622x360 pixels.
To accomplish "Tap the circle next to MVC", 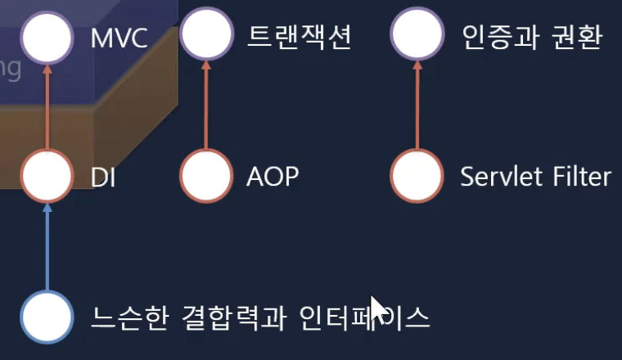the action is coord(47,38).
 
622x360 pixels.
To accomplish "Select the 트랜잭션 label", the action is coord(299,37).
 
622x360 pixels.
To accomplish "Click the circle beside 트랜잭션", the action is coord(205,37).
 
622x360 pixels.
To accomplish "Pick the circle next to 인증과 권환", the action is coord(417,37).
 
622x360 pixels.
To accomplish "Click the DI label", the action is coord(104,176).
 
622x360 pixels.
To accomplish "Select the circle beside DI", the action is coord(47,175).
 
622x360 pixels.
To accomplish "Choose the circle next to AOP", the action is coord(205,175).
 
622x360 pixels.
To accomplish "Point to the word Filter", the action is coord(580,176).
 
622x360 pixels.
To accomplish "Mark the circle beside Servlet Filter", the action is coord(417,175).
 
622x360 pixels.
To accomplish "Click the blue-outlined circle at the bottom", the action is coord(47,316).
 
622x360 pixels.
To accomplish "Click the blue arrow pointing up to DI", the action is coord(47,245).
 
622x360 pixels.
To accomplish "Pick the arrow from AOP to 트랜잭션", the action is coord(205,106).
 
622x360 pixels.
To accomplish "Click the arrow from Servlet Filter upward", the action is coord(417,106).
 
